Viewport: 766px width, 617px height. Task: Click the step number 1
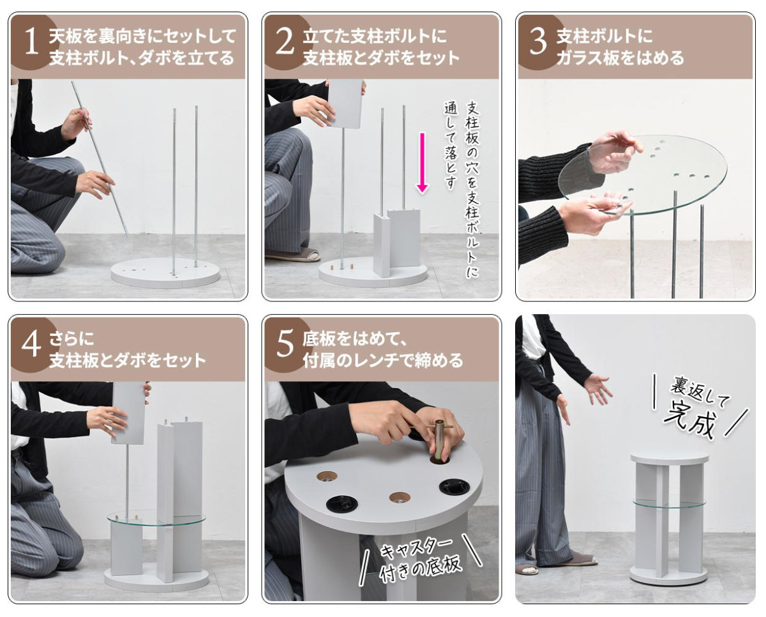(31, 43)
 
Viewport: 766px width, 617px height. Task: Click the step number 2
(285, 43)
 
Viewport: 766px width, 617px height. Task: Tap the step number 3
(538, 43)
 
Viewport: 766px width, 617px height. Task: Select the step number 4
(31, 345)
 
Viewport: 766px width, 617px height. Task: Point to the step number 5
(285, 345)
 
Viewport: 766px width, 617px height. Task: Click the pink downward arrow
(422, 163)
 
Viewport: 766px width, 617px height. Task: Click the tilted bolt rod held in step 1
(100, 160)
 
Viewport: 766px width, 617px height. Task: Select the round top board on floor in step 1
(165, 273)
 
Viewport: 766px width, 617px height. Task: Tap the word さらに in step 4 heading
(72, 339)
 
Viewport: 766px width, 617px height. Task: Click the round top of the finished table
(670, 459)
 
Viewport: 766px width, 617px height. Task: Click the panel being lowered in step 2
(345, 103)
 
